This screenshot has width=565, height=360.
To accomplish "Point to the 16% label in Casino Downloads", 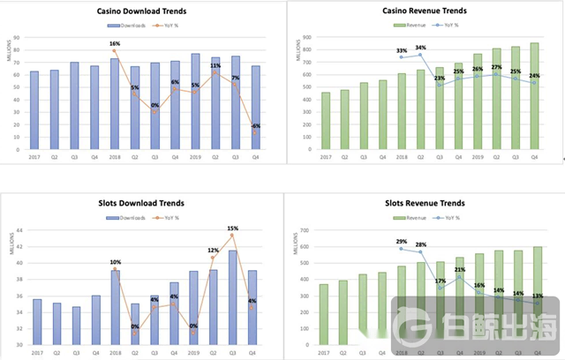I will click(114, 42).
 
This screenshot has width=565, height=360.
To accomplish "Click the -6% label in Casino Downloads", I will click(256, 126).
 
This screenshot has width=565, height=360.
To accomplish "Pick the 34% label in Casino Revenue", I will click(420, 48).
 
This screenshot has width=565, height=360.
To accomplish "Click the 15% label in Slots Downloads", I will click(233, 229).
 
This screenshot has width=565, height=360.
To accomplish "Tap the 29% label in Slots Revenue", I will click(402, 242).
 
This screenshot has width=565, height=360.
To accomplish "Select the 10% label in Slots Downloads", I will click(114, 262).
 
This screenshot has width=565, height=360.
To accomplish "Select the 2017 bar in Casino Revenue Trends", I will click(326, 121).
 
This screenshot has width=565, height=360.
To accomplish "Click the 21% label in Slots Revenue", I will click(460, 271).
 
